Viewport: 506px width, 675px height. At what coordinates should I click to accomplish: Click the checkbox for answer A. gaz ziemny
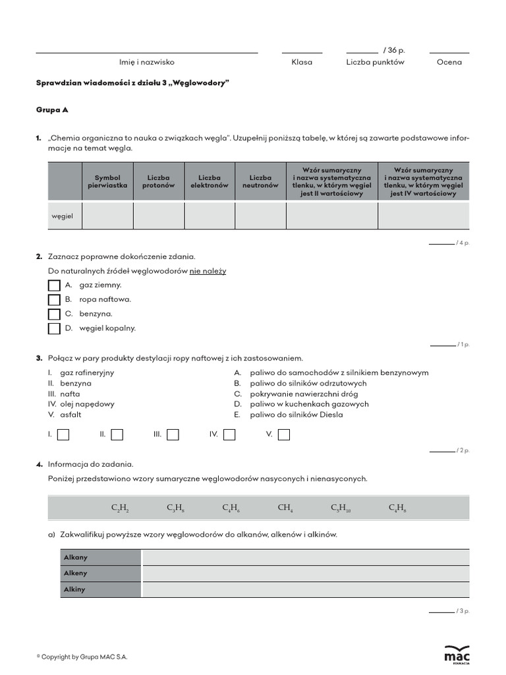[54, 285]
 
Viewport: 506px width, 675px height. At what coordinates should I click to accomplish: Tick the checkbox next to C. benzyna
[54, 314]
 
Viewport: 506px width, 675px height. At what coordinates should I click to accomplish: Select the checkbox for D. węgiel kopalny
[54, 328]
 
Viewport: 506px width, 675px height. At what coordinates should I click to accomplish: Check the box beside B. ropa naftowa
[54, 300]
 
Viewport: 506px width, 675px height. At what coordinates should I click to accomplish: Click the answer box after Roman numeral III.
[173, 434]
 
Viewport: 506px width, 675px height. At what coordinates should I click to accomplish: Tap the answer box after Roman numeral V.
[284, 434]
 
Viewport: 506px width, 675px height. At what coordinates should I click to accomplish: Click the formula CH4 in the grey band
[285, 508]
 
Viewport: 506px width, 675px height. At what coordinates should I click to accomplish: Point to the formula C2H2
[120, 508]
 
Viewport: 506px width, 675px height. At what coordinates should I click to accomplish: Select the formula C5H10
[341, 508]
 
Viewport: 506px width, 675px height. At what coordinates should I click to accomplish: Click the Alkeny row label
[76, 573]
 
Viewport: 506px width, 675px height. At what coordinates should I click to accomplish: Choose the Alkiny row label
[75, 589]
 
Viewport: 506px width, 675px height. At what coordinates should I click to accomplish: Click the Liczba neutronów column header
[260, 181]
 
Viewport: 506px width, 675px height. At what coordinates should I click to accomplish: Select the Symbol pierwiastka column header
[107, 181]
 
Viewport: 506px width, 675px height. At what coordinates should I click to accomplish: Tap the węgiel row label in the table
[63, 216]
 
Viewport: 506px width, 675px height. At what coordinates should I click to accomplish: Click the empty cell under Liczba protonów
[159, 216]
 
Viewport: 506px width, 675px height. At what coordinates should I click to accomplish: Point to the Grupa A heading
[52, 110]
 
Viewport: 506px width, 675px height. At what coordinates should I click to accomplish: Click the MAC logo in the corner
[457, 653]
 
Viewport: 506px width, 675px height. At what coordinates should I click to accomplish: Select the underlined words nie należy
[208, 271]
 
